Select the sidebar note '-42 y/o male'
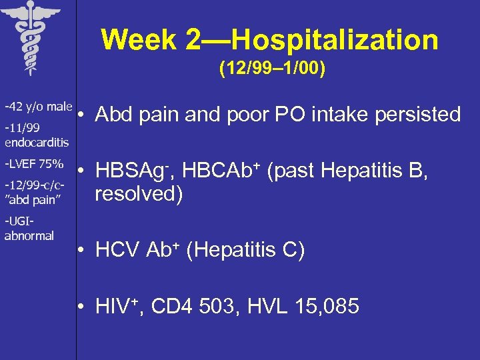point(38,107)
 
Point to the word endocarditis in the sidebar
point(37,142)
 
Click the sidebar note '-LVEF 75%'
point(34,164)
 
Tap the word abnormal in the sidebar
point(29,235)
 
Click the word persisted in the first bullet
point(418,115)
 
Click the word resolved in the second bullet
point(139,195)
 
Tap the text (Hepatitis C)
point(245,251)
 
